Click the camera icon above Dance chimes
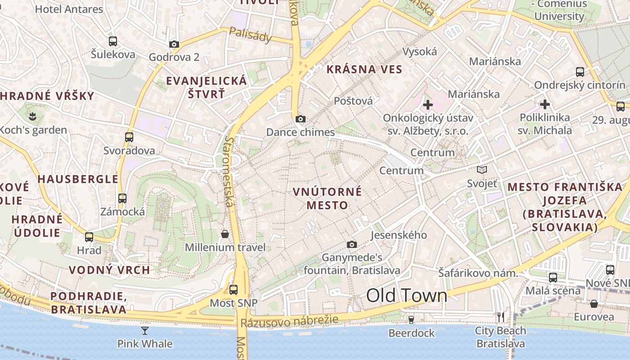[301, 119]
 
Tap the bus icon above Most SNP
[233, 290]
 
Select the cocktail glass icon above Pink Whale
[144, 331]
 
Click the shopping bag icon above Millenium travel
[225, 234]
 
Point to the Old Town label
[406, 296]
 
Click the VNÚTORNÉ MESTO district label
[327, 198]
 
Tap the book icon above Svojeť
[482, 170]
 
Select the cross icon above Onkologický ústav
[428, 105]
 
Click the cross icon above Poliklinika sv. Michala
[545, 104]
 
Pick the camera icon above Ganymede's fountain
[352, 244]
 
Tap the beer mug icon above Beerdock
[411, 319]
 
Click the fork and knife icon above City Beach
[500, 317]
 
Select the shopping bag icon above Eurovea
[594, 304]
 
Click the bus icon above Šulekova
[113, 41]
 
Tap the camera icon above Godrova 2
[174, 44]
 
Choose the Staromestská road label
[229, 172]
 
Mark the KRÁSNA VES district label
[364, 69]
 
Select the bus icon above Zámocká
[122, 198]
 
